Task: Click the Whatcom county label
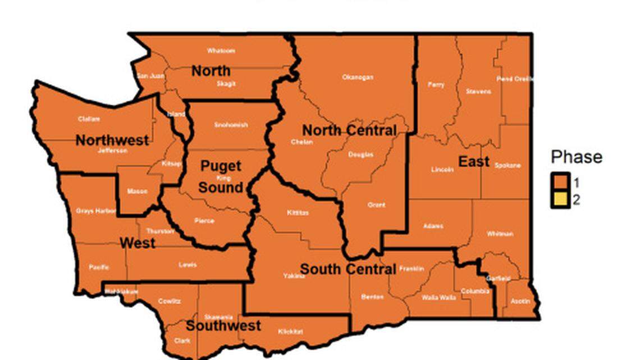coord(221,51)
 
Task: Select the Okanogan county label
coord(358,78)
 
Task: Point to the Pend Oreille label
coord(515,79)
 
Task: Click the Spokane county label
coord(508,166)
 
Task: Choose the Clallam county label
coord(89,119)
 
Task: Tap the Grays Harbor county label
coord(96,211)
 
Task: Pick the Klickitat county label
coord(290,331)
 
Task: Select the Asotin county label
coord(520,301)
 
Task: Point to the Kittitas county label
coord(297,213)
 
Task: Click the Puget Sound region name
coord(221,176)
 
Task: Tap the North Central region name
coord(350,130)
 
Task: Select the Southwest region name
coord(223,326)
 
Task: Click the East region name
coord(474,162)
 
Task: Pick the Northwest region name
coord(112,140)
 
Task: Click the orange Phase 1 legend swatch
coord(560,183)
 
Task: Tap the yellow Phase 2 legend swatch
coord(560,199)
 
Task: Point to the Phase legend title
coord(576,157)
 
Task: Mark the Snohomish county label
coord(231,125)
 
